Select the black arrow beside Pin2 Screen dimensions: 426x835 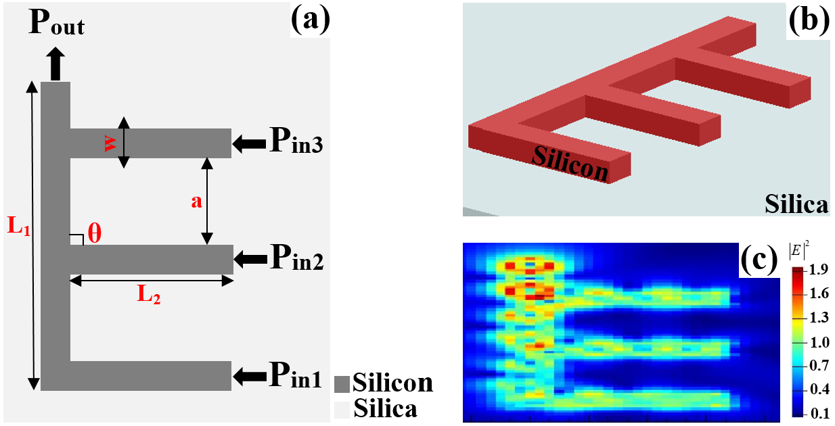click(249, 258)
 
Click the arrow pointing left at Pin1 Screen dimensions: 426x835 click(248, 375)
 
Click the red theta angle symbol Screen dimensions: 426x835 click(95, 234)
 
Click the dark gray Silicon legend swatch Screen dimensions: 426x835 click(342, 383)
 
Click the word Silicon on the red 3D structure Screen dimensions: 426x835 click(570, 163)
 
